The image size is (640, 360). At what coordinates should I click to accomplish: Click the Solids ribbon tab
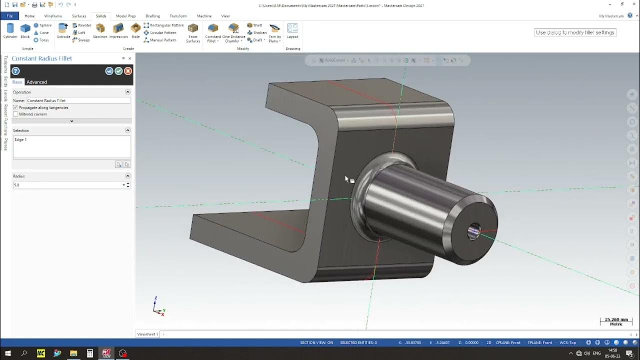coord(101,16)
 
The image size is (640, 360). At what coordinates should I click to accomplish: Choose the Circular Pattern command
coord(163,32)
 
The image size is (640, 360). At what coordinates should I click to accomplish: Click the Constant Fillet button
coord(213,32)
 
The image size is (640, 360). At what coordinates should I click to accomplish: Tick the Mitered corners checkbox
coord(15,114)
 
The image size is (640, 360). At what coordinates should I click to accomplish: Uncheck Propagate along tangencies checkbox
coord(15,107)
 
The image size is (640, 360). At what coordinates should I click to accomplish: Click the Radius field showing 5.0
coord(67,185)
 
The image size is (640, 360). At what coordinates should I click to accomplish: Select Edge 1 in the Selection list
coord(21,140)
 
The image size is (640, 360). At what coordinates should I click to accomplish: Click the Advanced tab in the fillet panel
coord(36,82)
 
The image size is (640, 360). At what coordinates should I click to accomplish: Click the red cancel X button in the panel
coord(128,71)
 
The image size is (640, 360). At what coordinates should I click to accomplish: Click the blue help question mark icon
coord(15,71)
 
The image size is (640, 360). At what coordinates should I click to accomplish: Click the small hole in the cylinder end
coord(474,231)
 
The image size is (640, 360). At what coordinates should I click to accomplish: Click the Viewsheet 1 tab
coord(147,334)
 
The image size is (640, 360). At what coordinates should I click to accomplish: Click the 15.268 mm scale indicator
coord(615,321)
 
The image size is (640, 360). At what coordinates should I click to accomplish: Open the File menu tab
coord(9,16)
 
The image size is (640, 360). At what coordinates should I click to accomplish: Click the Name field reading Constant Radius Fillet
coord(77,100)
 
